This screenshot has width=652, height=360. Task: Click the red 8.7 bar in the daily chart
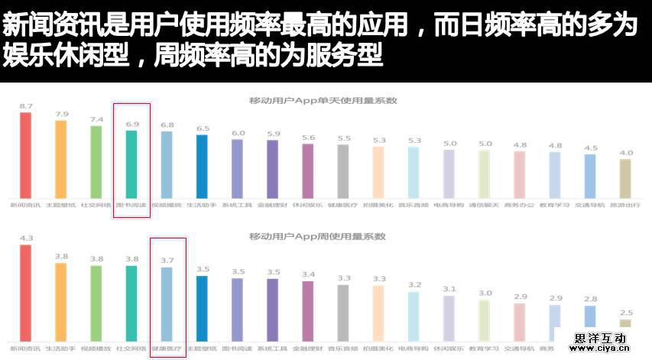pyautogui.click(x=25, y=154)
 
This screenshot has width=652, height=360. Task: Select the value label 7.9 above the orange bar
pyautogui.click(x=61, y=114)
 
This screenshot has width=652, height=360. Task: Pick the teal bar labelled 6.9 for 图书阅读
pyautogui.click(x=131, y=164)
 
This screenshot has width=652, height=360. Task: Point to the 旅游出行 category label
pyautogui.click(x=625, y=205)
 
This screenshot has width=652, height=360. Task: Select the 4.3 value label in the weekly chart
pyautogui.click(x=25, y=238)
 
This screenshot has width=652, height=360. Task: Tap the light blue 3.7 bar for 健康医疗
pyautogui.click(x=167, y=303)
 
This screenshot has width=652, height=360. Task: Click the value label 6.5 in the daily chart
pyautogui.click(x=202, y=128)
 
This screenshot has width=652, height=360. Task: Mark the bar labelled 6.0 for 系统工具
pyautogui.click(x=237, y=167)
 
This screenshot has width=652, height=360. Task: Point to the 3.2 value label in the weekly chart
pyautogui.click(x=414, y=285)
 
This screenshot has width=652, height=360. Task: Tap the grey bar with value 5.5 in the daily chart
pyautogui.click(x=343, y=170)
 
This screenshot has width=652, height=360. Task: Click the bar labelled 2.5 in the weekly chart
pyautogui.click(x=625, y=323)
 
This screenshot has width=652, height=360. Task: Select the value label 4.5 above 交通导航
pyautogui.click(x=590, y=148)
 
